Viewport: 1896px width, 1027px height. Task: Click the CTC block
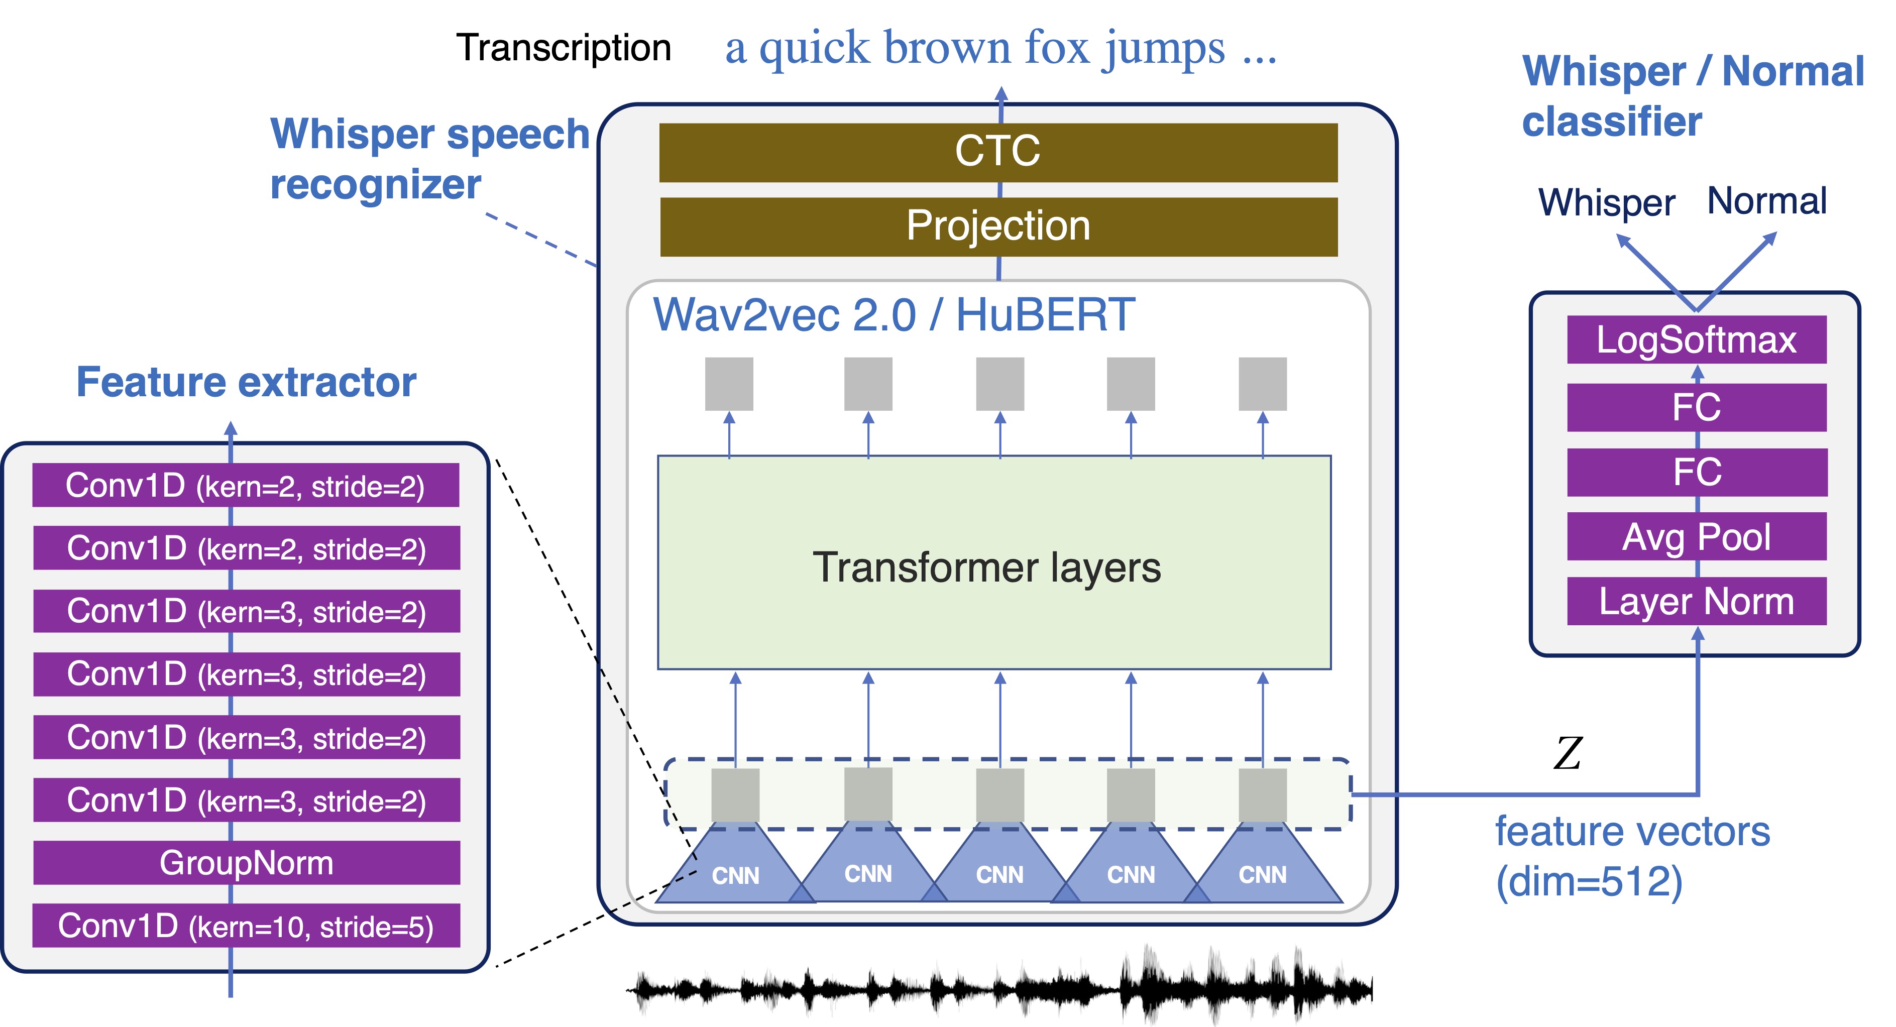coord(997,152)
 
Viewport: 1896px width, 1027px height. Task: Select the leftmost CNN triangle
coord(735,869)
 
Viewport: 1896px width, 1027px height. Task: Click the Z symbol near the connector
coord(1568,753)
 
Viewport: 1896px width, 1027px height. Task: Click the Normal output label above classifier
coord(1766,201)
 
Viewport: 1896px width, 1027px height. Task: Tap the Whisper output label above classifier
coord(1606,202)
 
